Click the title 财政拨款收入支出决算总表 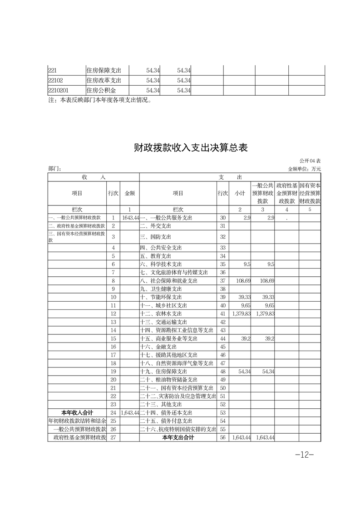[x=191, y=148]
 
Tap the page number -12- [x=304, y=455]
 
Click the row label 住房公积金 [x=101, y=90]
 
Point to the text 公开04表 [x=310, y=161]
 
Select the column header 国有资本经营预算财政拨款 [x=310, y=193]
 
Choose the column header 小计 [x=240, y=193]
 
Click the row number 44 [x=222, y=338]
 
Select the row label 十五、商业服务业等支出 [x=169, y=338]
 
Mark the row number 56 [x=222, y=437]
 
